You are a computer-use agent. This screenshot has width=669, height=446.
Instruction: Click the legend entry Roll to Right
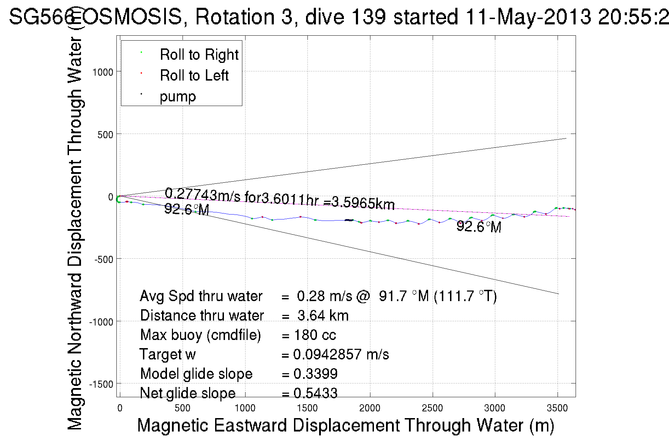(199, 55)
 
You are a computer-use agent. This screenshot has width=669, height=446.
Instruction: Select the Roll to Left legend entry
(194, 76)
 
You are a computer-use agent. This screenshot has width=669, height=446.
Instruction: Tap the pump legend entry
(178, 96)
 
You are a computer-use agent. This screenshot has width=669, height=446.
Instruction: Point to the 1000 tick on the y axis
(103, 72)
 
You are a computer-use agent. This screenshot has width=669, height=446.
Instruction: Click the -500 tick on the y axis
(103, 259)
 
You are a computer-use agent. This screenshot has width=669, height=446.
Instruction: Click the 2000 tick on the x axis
(370, 408)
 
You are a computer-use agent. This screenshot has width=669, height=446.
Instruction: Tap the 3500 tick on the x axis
(557, 408)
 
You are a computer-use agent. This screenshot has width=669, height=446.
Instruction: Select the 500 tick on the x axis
(182, 408)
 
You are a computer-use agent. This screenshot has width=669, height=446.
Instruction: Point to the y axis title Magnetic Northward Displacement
(75, 233)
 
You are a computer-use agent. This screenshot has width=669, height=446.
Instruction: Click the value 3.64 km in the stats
(323, 316)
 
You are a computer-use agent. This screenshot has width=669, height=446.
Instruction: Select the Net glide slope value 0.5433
(315, 393)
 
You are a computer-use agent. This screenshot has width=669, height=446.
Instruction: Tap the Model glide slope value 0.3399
(315, 374)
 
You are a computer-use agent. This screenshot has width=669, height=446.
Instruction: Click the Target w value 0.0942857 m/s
(341, 354)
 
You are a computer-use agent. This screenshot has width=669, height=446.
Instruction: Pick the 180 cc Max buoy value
(315, 335)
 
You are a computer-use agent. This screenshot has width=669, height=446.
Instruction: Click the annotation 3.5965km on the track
(363, 203)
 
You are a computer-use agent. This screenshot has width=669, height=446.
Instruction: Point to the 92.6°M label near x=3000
(479, 227)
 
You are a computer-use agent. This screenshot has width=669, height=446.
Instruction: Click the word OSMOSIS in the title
(133, 17)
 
